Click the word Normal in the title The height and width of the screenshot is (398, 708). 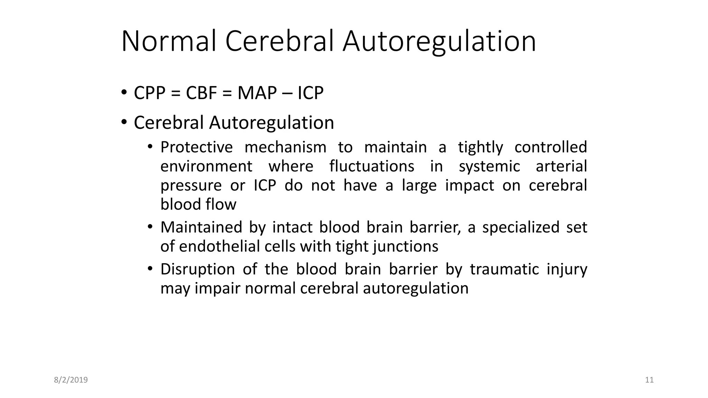(x=169, y=41)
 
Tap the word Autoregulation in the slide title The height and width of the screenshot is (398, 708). (x=439, y=41)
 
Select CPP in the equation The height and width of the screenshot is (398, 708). (x=149, y=93)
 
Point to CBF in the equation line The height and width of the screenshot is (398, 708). (x=201, y=93)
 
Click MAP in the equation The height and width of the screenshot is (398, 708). (x=257, y=93)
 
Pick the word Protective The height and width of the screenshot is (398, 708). (x=196, y=147)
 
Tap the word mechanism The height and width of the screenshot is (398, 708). (x=285, y=147)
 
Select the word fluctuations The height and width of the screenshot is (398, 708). (x=372, y=166)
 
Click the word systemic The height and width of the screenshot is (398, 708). (x=489, y=167)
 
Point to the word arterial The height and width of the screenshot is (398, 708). (x=561, y=166)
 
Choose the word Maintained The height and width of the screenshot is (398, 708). (x=201, y=227)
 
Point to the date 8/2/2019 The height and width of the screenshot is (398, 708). (x=71, y=380)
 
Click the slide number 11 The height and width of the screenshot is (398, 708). (x=649, y=380)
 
